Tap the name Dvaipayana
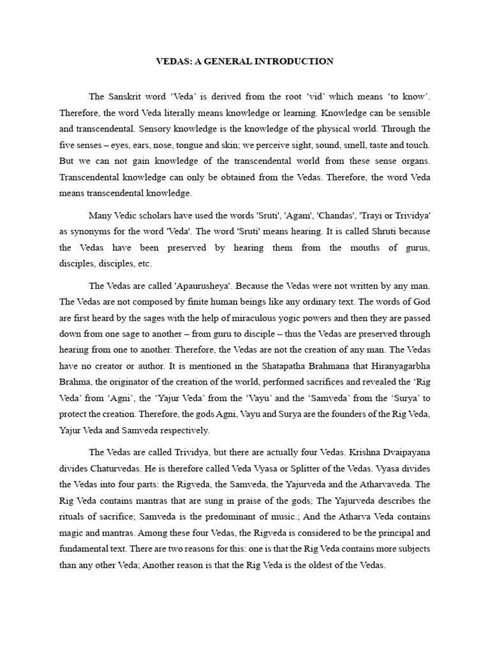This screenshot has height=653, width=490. tap(405, 452)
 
